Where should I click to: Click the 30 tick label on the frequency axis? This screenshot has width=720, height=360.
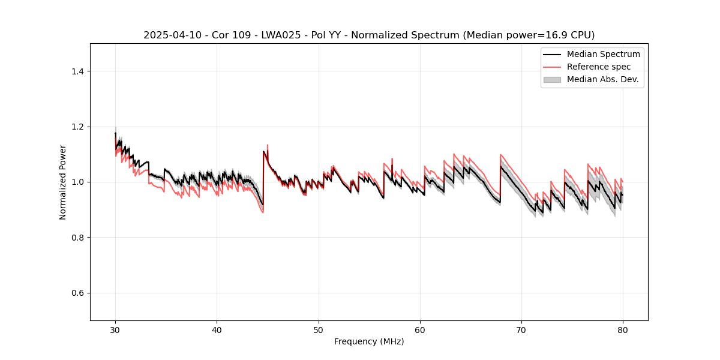tap(115, 330)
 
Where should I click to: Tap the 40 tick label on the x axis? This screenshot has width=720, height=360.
tap(217, 330)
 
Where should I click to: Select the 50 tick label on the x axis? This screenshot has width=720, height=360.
tap(319, 330)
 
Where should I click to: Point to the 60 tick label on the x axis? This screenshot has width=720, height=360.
tap(420, 330)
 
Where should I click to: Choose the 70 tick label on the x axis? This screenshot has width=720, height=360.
tap(521, 330)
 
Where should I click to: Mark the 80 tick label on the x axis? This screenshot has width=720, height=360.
tap(623, 330)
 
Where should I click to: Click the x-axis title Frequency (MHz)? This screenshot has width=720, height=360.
tap(369, 342)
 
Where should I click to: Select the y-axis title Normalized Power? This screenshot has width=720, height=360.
tap(63, 182)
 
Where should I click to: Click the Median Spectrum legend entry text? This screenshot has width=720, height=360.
tap(603, 54)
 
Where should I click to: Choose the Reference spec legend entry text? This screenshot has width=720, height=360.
tap(599, 67)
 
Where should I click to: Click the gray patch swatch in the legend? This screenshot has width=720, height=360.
tap(552, 79)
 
